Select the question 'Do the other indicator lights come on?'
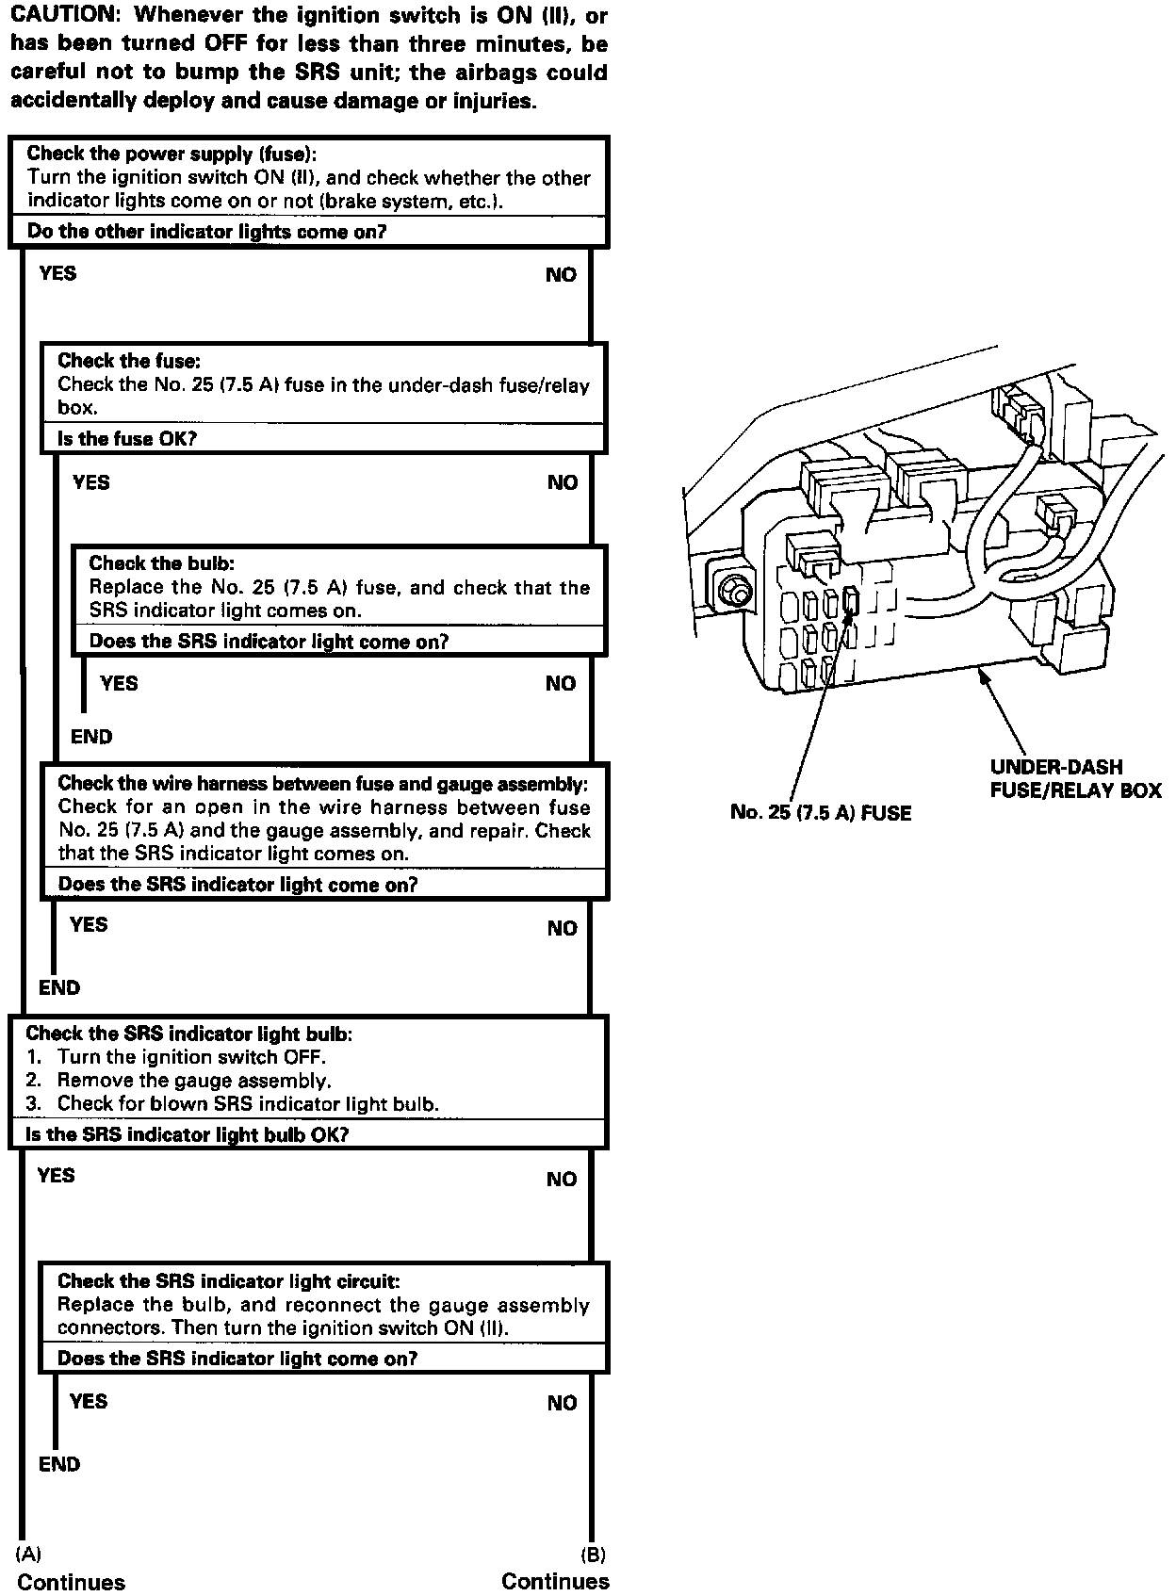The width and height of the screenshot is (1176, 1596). [x=206, y=232]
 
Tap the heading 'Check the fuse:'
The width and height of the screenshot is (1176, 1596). [x=129, y=361]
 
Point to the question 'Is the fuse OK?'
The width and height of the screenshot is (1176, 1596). [x=127, y=439]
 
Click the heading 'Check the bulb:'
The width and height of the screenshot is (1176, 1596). [x=161, y=563]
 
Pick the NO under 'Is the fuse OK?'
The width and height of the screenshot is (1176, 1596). [x=563, y=482]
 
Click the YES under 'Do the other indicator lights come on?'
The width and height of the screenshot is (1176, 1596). [x=58, y=274]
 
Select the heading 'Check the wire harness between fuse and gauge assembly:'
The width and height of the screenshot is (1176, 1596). [x=322, y=783]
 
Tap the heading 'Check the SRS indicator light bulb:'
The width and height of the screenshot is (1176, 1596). [x=189, y=1034]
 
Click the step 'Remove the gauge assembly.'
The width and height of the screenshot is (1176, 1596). [x=194, y=1081]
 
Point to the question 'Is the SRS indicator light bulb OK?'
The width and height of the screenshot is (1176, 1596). [x=187, y=1134]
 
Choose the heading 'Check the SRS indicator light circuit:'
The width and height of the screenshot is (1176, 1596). [x=228, y=1281]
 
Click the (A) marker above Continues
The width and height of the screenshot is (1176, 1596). [x=29, y=1555]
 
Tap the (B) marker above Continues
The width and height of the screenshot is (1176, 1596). [x=593, y=1555]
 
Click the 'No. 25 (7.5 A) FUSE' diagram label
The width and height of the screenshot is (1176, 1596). [x=821, y=812]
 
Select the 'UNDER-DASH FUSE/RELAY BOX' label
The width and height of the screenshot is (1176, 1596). [x=1075, y=779]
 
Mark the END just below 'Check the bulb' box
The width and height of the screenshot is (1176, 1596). [x=91, y=737]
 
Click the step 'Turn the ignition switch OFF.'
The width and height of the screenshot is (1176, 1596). [x=191, y=1057]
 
